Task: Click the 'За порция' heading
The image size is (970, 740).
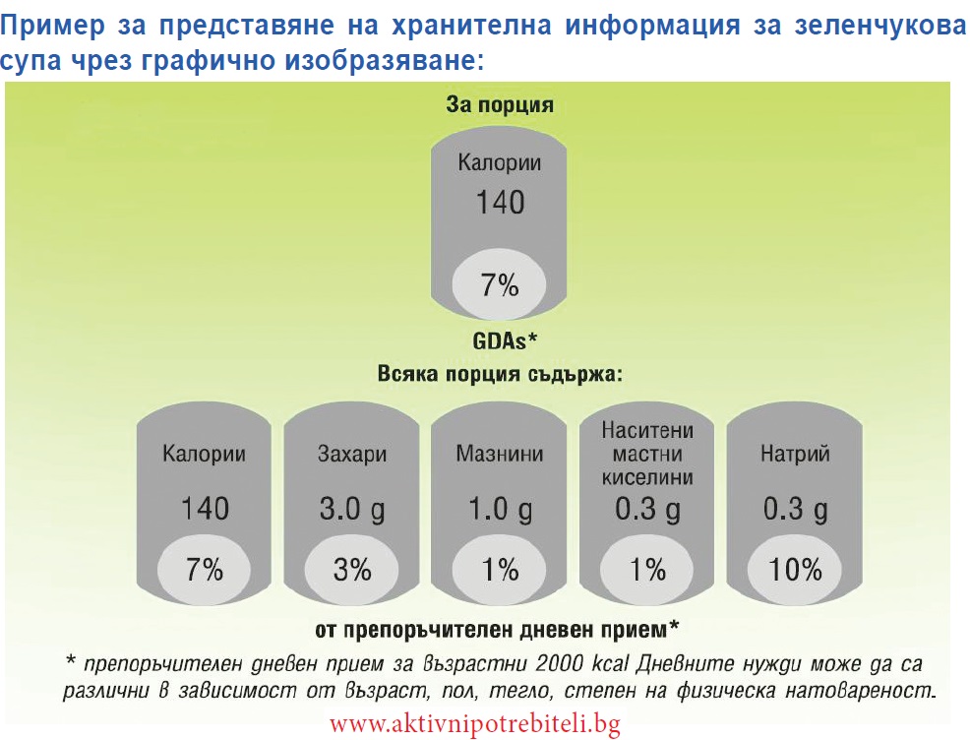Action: (x=500, y=104)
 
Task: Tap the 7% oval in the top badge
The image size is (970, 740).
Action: (x=499, y=285)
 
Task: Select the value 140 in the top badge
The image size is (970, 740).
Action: (x=500, y=203)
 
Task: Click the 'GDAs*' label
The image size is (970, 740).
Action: (x=505, y=340)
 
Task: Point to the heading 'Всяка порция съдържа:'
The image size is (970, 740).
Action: (x=500, y=374)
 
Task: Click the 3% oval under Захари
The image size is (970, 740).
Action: (x=352, y=569)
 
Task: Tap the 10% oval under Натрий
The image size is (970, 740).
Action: (x=795, y=569)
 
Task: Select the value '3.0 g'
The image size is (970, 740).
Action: (x=352, y=510)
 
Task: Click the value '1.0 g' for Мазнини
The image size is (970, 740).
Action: (x=500, y=510)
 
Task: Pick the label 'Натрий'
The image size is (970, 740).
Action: (x=795, y=454)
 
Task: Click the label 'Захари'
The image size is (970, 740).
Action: (x=352, y=454)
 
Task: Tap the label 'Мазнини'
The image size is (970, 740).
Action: (x=500, y=454)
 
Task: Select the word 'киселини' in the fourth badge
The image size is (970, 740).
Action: (x=647, y=477)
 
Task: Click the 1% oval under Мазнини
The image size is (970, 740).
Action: (x=499, y=569)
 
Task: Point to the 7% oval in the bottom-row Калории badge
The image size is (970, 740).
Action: (x=205, y=569)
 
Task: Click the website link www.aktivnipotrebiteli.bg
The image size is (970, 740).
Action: (x=474, y=723)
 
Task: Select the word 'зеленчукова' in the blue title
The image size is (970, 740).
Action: (x=879, y=26)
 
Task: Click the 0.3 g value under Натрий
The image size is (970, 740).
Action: (x=795, y=510)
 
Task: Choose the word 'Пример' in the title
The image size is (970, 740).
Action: (x=52, y=27)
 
